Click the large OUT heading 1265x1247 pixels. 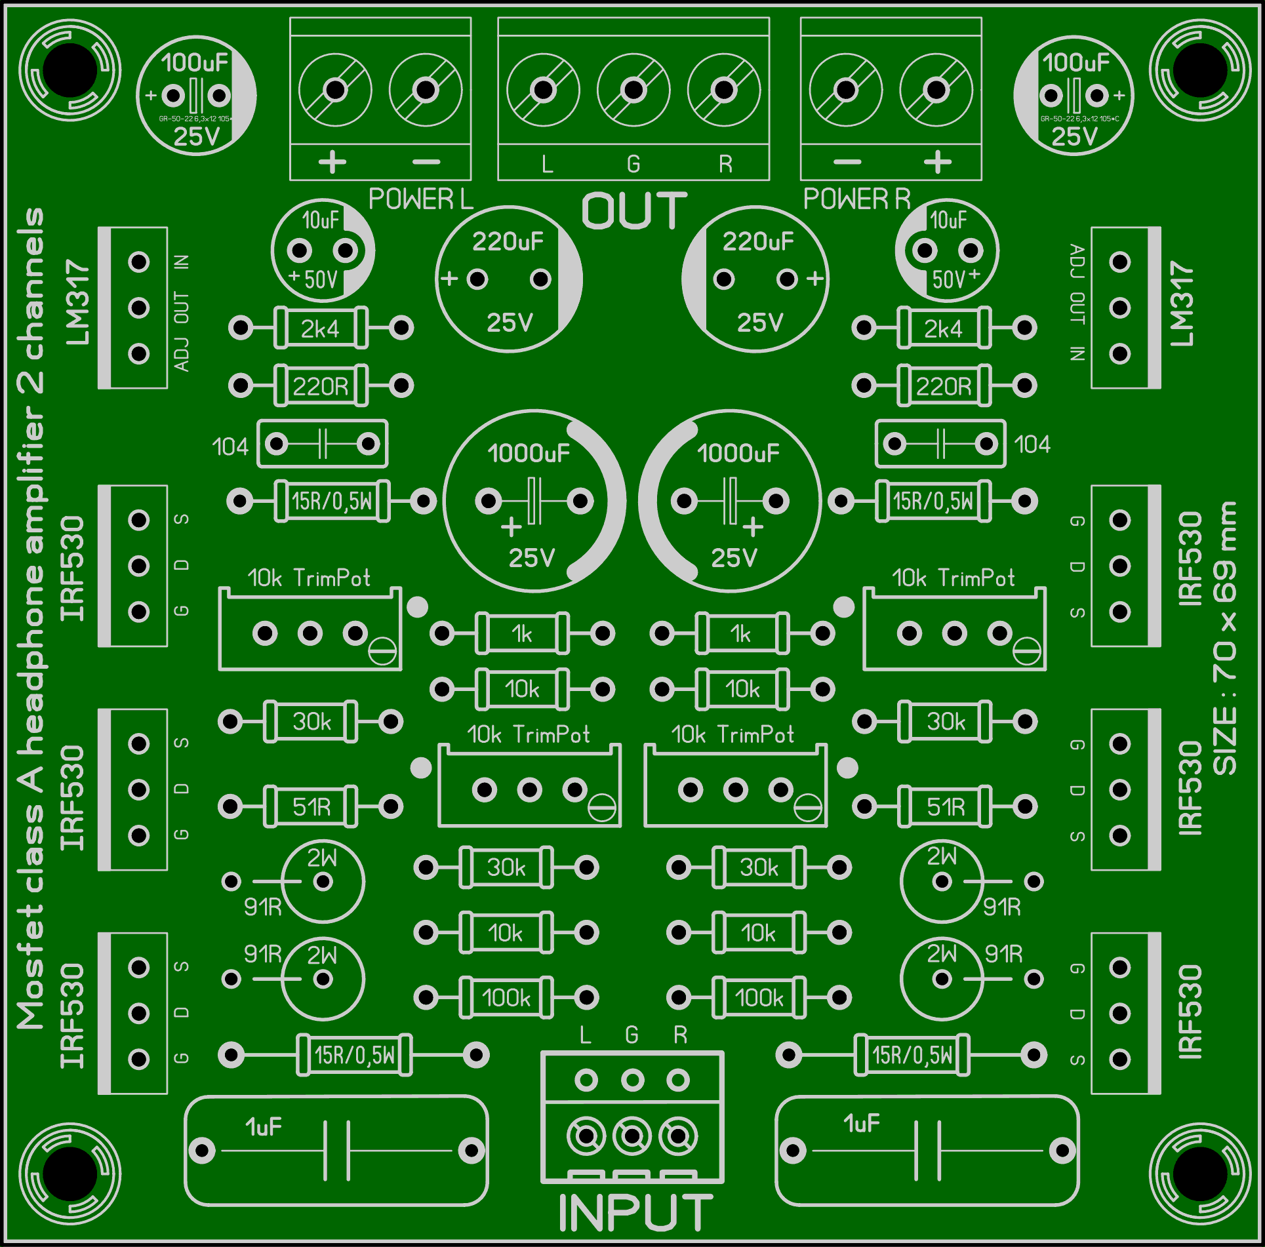pyautogui.click(x=633, y=211)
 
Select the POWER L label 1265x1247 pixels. pyautogui.click(x=420, y=199)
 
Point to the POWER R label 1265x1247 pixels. pyautogui.click(x=856, y=199)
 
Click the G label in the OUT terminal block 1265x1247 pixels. pyautogui.click(x=633, y=164)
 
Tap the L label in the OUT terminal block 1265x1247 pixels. pyautogui.click(x=547, y=164)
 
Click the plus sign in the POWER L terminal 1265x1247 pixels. pyautogui.click(x=332, y=162)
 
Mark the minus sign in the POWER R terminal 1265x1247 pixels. pyautogui.click(x=847, y=162)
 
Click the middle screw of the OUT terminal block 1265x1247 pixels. pyautogui.click(x=633, y=90)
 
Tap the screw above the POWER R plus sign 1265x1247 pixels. pyautogui.click(x=936, y=90)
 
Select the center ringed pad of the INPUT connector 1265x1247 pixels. pyautogui.click(x=632, y=1136)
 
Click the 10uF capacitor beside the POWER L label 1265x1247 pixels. pyautogui.click(x=322, y=250)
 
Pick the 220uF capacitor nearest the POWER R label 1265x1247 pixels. pyautogui.click(x=755, y=279)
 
